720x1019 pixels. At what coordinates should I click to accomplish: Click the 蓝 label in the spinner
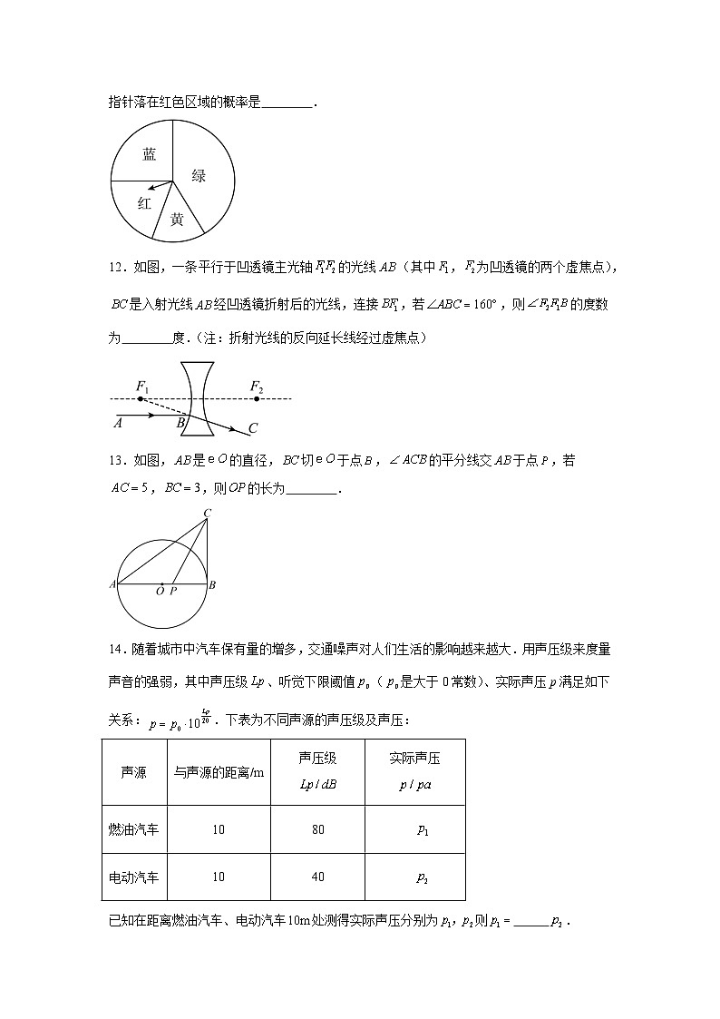click(149, 154)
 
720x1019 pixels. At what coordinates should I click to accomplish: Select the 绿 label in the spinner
click(199, 175)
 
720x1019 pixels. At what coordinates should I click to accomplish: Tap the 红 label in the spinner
click(143, 202)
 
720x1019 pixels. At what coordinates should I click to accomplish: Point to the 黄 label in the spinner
click(178, 219)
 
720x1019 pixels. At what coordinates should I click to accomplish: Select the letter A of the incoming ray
click(117, 423)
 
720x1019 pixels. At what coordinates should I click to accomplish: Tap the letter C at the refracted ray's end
click(253, 428)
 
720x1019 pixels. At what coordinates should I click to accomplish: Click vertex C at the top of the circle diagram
click(207, 514)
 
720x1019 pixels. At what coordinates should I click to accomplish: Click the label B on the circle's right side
click(212, 586)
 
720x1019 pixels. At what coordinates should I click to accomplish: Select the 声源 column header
click(133, 772)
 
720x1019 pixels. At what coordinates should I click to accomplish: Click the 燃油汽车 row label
click(133, 829)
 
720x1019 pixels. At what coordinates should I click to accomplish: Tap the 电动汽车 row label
click(133, 877)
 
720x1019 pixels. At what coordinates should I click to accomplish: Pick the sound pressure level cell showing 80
click(317, 829)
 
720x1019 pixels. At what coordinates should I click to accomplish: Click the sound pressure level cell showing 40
click(317, 877)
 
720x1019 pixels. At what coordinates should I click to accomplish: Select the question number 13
click(115, 461)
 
